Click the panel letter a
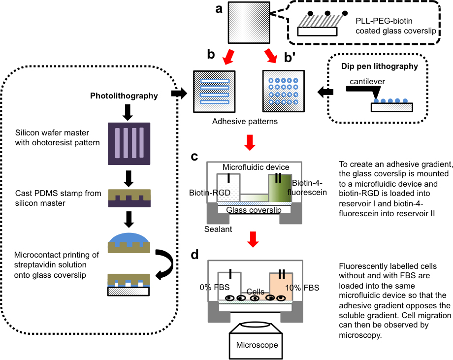[x=219, y=9]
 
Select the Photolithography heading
[x=124, y=96]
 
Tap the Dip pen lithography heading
[x=379, y=66]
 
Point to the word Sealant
[x=219, y=229]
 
